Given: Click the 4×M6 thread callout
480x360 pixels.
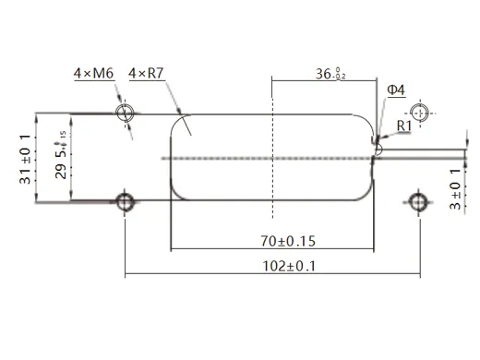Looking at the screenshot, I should (x=93, y=73).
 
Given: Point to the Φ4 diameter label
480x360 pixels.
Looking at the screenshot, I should (x=394, y=90).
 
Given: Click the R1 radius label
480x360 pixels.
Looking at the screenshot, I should (x=402, y=125).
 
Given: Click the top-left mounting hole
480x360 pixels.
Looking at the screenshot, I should (x=125, y=113).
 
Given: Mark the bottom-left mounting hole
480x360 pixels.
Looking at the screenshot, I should (x=125, y=200).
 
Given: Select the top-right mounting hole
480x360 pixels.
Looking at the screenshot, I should (x=419, y=113).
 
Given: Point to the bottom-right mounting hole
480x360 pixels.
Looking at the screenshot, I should (x=419, y=200).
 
